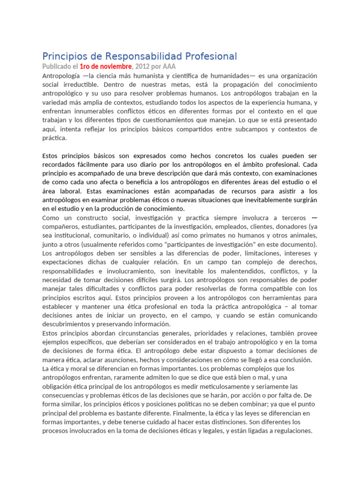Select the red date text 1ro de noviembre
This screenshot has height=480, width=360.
click(x=106, y=67)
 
